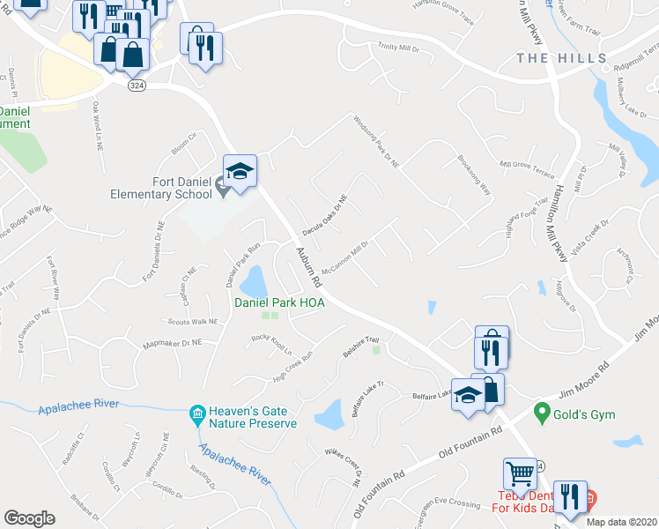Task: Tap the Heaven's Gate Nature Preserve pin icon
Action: coord(196,414)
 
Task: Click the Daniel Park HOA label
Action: coord(278,302)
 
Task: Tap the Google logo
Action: coord(29,518)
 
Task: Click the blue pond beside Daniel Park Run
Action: coord(254,282)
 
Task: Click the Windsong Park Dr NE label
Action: coord(376,141)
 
